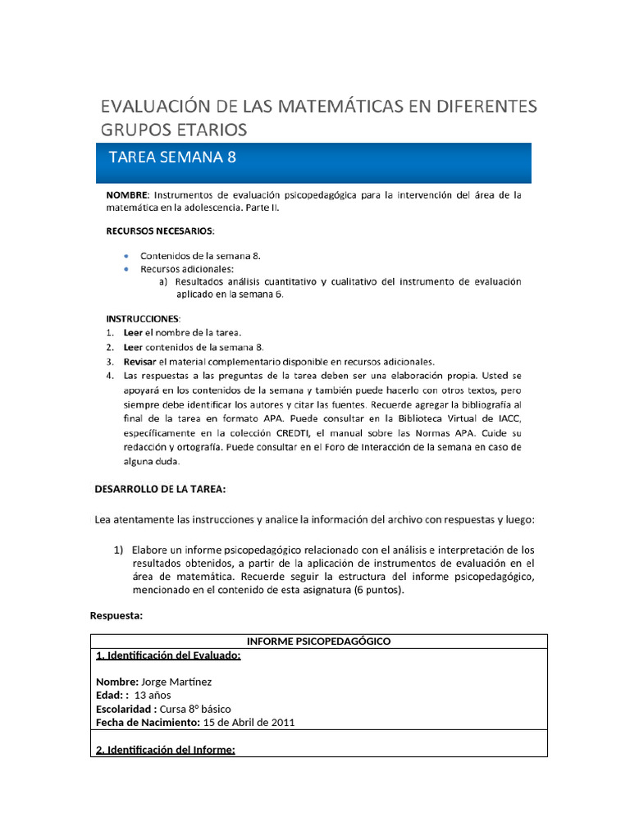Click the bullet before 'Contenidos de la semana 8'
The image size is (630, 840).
pos(125,257)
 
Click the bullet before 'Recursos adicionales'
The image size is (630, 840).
pos(125,269)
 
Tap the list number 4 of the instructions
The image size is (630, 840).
pos(110,377)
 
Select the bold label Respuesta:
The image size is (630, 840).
pos(116,615)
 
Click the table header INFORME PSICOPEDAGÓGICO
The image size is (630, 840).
pos(318,641)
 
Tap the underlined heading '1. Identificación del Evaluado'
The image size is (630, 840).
pos(168,655)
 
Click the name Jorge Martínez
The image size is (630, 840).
pos(177,682)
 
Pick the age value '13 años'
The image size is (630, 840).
pos(153,695)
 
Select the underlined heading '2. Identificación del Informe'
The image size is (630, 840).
pos(166,749)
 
